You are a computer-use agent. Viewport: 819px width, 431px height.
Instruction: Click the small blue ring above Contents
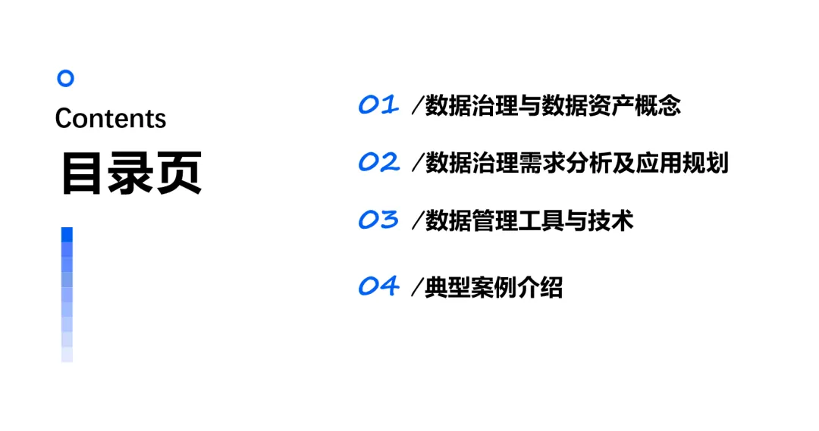click(x=66, y=78)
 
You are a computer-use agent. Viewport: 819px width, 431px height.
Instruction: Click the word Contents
click(x=111, y=118)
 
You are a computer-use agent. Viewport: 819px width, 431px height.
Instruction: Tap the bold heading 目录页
click(x=131, y=173)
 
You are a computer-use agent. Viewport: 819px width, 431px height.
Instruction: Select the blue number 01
click(x=378, y=105)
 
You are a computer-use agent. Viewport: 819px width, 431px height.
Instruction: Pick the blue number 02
click(x=378, y=162)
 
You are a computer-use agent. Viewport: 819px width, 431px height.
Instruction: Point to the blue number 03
click(x=378, y=220)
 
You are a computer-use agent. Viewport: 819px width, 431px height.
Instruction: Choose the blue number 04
click(x=378, y=286)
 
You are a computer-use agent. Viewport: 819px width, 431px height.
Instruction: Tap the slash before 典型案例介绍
click(x=416, y=288)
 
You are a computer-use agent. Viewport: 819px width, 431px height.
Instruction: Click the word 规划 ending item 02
click(x=705, y=163)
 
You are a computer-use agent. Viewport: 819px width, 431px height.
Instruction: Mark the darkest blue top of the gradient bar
click(x=67, y=234)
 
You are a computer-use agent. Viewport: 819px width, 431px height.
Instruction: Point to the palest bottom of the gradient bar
click(x=67, y=354)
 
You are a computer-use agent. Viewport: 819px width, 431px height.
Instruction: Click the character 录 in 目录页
click(x=131, y=173)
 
